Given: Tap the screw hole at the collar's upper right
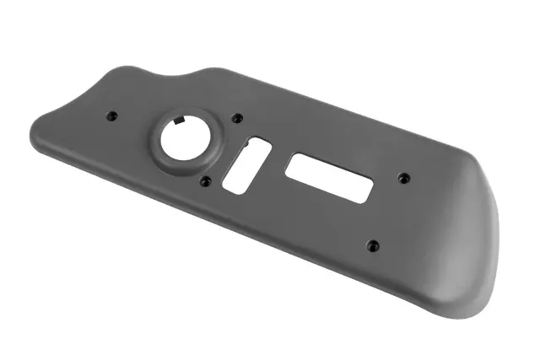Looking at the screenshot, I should click(236, 118).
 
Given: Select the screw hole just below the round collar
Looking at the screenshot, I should click(206, 180).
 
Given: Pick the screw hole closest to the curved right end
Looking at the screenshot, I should click(403, 177).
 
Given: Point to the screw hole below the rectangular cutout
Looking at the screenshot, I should click(373, 245).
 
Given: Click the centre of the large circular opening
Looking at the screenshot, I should click(186, 137).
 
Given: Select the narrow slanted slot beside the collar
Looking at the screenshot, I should click(246, 164).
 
